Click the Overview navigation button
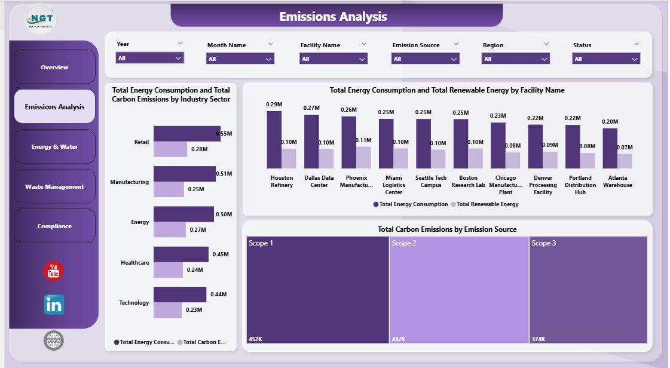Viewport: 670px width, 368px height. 54,67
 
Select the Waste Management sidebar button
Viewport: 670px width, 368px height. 54,186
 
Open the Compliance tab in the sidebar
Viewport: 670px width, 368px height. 54,226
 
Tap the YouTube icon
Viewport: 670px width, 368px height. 54,271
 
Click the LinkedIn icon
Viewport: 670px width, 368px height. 54,305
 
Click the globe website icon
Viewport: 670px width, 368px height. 54,341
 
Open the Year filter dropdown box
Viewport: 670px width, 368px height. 149,58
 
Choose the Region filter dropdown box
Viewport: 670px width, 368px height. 516,59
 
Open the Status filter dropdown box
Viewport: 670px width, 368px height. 606,59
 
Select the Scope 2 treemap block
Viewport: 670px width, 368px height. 458,290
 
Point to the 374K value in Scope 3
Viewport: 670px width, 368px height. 538,339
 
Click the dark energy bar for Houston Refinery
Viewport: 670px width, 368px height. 274,139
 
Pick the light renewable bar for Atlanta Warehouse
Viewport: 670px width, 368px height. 625,161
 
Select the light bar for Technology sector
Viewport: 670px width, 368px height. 167,310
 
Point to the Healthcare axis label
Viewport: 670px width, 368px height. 134,263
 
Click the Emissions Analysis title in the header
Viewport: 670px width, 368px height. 333,17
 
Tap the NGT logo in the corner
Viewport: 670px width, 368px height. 40,20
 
